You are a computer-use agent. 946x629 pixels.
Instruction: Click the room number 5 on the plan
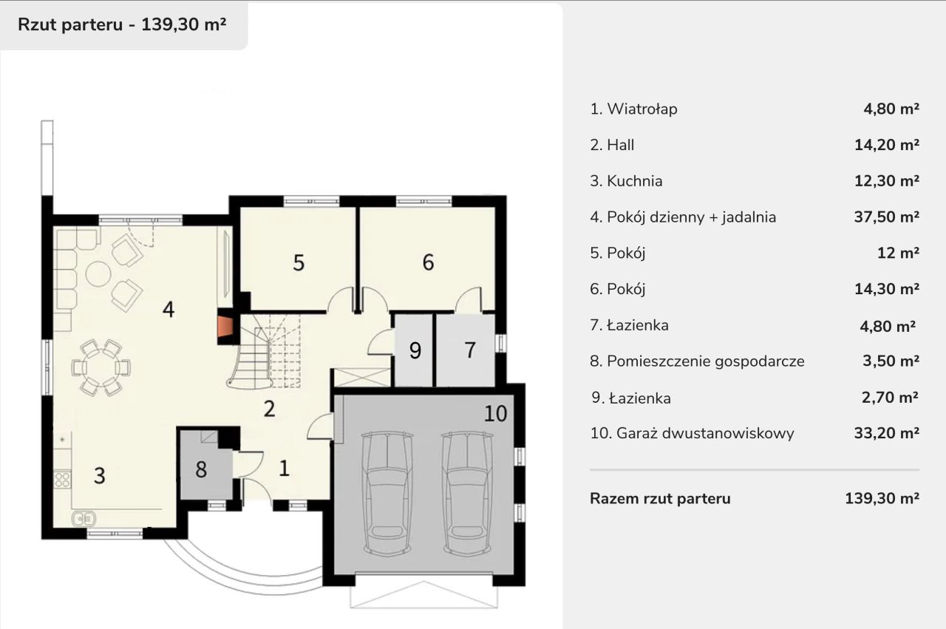(x=299, y=262)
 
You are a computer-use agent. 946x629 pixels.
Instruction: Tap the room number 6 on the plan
(x=428, y=262)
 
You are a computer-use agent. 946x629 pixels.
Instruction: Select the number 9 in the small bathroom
(x=415, y=351)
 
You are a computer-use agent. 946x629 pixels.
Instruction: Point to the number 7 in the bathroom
(x=470, y=350)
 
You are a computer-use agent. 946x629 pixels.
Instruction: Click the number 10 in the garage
(x=496, y=413)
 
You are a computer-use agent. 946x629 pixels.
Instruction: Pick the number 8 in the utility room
(x=201, y=469)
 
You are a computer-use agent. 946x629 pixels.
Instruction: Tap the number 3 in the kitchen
(x=99, y=475)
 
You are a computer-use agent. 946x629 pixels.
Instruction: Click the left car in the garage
(x=387, y=492)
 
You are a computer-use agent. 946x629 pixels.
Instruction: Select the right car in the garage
(x=467, y=492)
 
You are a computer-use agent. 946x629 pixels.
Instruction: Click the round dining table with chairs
(x=101, y=367)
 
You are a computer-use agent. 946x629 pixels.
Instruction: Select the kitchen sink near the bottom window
(x=81, y=518)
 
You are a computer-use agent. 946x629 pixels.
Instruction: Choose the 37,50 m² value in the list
(x=886, y=217)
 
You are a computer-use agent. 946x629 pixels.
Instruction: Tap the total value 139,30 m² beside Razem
(x=882, y=498)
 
